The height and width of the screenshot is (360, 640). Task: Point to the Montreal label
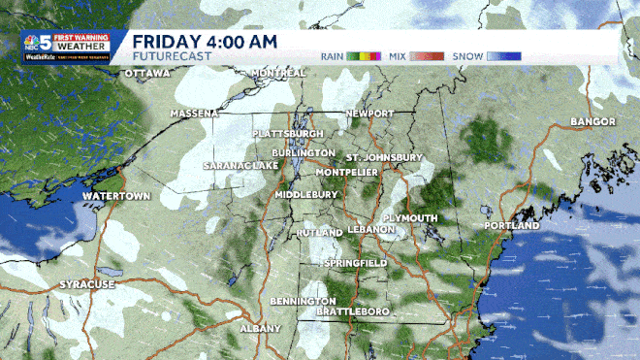point(278,74)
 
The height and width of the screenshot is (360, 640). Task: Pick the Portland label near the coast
point(510,226)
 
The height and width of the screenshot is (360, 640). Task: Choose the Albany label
point(259,328)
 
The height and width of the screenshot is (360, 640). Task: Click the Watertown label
point(115,196)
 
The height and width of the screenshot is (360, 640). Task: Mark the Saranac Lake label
point(240,167)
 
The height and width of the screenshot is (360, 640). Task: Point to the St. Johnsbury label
point(385,156)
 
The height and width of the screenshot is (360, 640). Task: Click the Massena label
point(194,114)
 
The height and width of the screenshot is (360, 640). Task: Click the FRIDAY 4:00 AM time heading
point(205,41)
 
